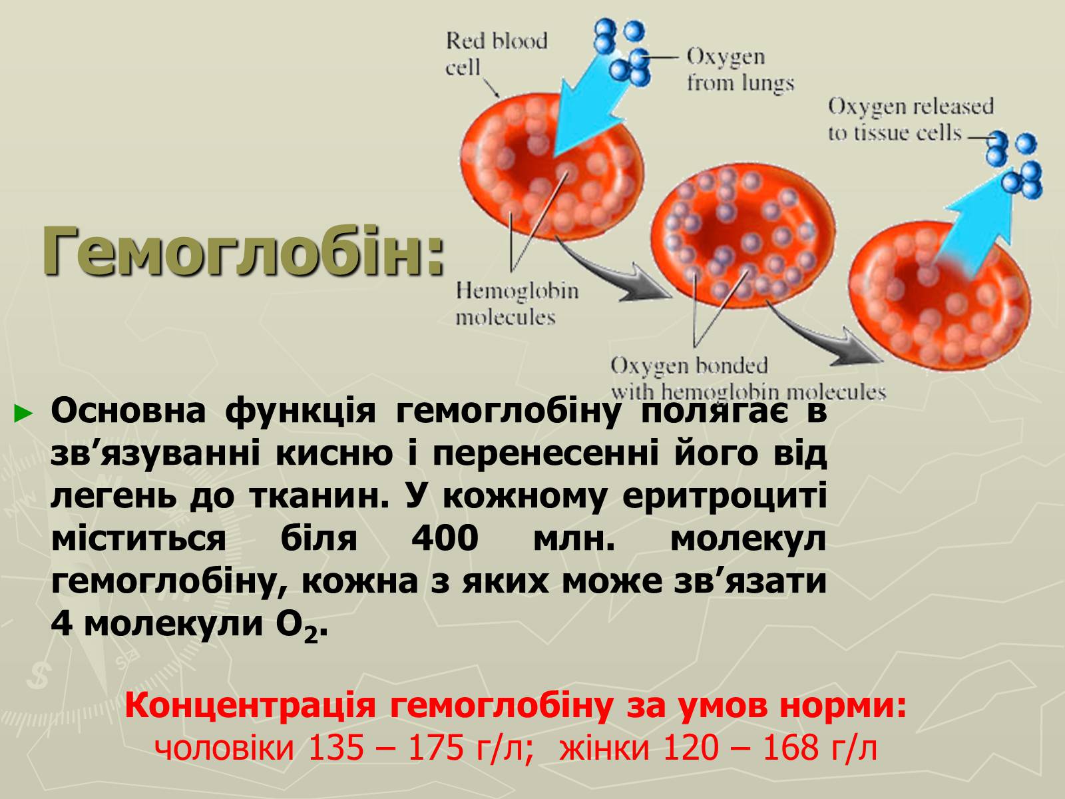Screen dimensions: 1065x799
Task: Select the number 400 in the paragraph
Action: pyautogui.click(x=445, y=539)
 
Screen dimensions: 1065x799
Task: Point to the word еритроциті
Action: pyautogui.click(x=724, y=496)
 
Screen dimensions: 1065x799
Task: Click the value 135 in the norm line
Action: pyautogui.click(x=335, y=748)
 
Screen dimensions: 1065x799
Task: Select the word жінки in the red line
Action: pyautogui.click(x=604, y=748)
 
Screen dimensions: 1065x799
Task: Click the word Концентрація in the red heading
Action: pyautogui.click(x=250, y=706)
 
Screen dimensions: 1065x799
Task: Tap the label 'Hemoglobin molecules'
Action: pyautogui.click(x=517, y=304)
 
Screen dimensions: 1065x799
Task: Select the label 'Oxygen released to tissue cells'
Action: pyautogui.click(x=911, y=119)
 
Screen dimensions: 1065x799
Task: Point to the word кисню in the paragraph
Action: pyautogui.click(x=334, y=455)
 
